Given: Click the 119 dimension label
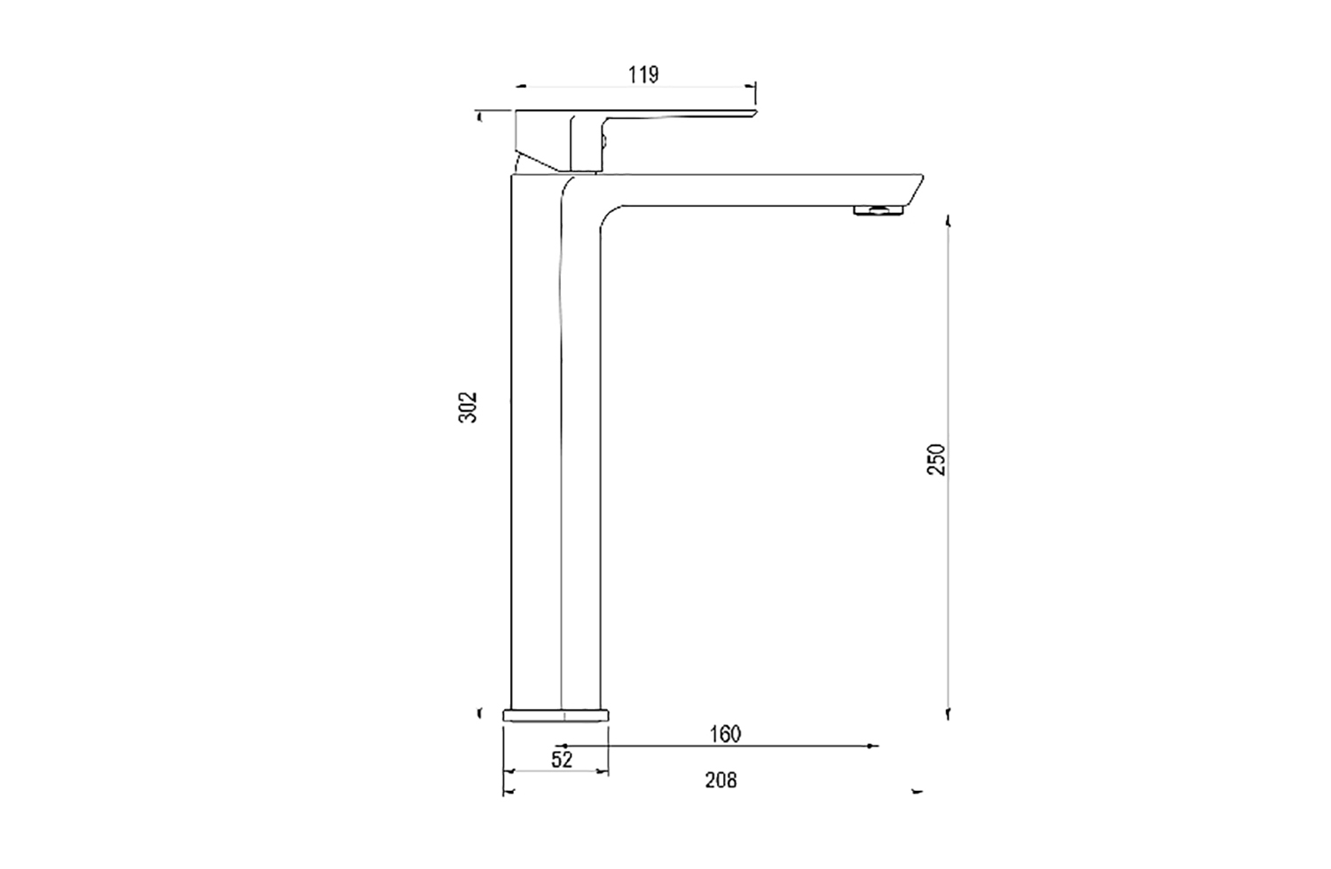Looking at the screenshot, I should tap(643, 75).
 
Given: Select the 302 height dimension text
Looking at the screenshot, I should tap(468, 407).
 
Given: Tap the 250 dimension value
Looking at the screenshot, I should tap(937, 459).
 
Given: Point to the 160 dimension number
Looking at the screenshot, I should tap(725, 734).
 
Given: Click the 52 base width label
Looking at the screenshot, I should tap(562, 759).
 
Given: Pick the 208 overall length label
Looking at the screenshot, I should tap(721, 780).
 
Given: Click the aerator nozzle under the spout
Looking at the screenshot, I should tap(878, 209).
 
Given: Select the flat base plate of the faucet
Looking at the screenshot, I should tap(556, 714).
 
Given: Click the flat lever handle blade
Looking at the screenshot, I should tap(683, 115).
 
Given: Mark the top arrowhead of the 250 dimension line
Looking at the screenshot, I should tap(949, 219).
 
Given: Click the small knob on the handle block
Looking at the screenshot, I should tap(606, 138).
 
